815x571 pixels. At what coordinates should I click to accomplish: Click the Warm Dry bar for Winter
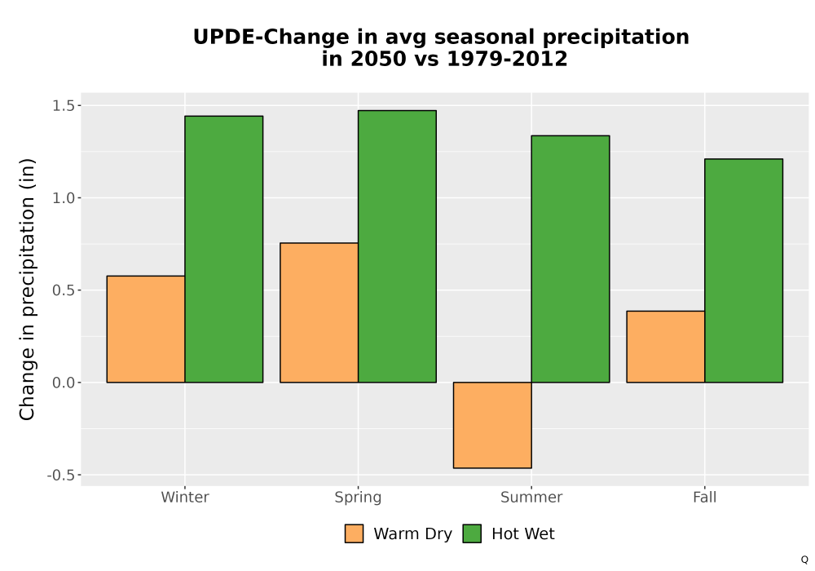[146, 330]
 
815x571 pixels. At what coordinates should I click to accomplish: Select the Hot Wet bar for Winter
[224, 249]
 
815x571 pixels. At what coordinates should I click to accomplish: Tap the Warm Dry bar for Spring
[319, 312]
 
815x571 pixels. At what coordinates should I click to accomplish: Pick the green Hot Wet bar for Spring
[397, 246]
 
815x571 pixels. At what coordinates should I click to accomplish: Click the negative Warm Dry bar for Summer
[492, 425]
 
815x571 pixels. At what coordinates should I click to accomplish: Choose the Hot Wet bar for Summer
[570, 259]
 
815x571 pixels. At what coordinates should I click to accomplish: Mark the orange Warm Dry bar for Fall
[666, 347]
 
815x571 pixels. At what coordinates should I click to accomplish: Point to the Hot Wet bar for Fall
[744, 271]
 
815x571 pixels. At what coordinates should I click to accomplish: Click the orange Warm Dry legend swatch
[354, 533]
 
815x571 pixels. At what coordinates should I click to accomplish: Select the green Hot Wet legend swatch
[472, 533]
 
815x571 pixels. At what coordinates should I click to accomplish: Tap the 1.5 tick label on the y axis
[64, 105]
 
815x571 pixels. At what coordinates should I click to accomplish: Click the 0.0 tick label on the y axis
[64, 383]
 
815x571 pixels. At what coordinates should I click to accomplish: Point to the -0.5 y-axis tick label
[61, 476]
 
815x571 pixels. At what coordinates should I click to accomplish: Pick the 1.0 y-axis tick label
[64, 198]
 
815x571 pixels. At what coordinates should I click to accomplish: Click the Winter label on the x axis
[185, 497]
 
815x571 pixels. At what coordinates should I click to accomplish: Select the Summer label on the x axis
[531, 497]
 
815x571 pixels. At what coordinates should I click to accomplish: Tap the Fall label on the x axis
[705, 497]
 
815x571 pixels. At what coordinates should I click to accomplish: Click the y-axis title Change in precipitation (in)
[27, 289]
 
